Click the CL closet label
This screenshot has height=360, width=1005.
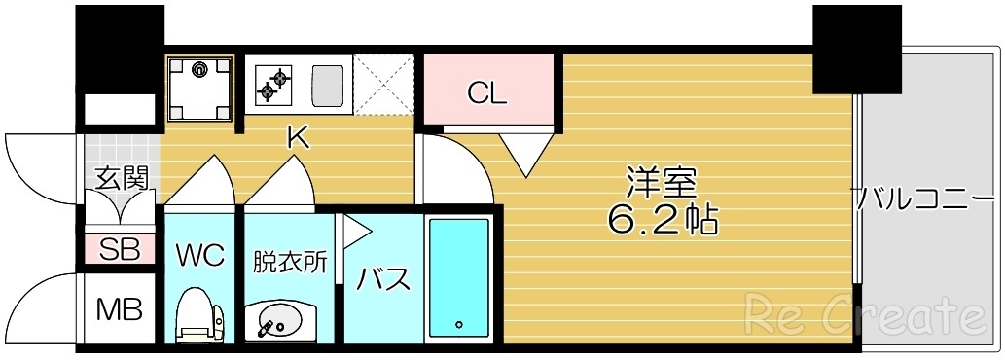(487, 93)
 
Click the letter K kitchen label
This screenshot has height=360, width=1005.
(297, 138)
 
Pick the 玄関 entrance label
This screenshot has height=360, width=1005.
(122, 178)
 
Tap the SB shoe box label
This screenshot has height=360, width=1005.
(121, 249)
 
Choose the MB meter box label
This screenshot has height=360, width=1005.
(120, 310)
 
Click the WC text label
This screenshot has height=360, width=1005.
(199, 256)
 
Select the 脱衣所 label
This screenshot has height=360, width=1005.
(290, 262)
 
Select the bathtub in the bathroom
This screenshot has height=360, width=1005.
(458, 277)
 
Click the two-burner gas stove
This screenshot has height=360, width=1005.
(273, 85)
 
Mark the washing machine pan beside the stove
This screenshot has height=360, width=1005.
(200, 87)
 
